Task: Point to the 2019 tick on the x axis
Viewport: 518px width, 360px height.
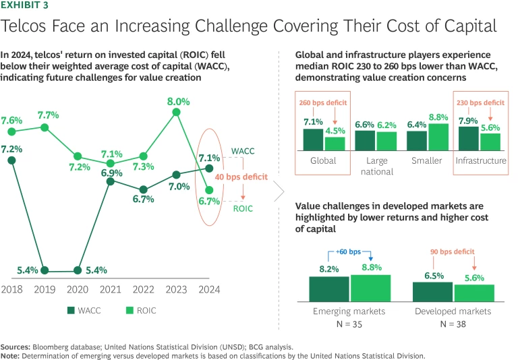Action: pos(44,289)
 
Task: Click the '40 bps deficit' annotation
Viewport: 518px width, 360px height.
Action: pos(241,177)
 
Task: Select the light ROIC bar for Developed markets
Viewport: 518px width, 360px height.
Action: pos(474,293)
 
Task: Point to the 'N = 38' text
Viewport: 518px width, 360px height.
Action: pos(453,324)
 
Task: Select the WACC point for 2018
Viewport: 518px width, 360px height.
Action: pos(11,160)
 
